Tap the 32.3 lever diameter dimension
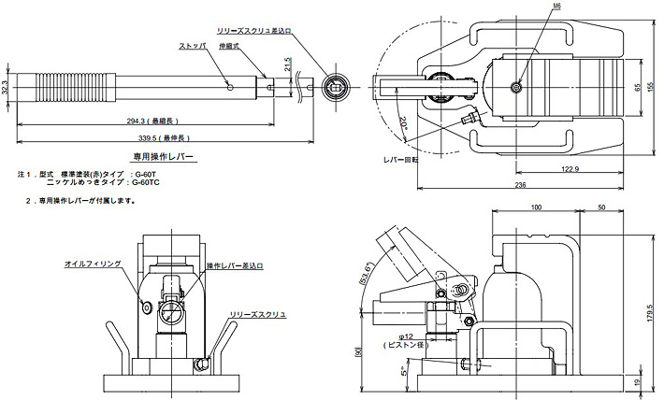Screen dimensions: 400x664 (7, 88)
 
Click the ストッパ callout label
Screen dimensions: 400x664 (193, 45)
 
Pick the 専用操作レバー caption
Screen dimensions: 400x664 (162, 158)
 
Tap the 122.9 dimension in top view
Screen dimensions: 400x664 (572, 169)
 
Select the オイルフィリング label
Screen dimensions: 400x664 (94, 265)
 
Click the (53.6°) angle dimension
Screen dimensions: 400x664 (367, 273)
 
